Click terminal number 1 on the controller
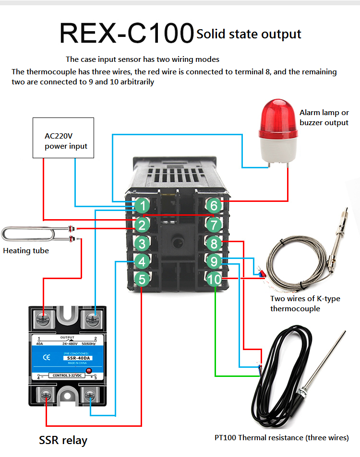click(142, 206)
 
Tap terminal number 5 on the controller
click(142, 279)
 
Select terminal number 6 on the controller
click(214, 206)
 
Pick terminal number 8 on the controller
click(214, 243)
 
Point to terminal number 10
click(215, 279)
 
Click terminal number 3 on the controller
click(142, 243)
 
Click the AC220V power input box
click(63, 138)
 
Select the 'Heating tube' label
click(26, 251)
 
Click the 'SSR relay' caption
click(63, 440)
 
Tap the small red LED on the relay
click(88, 371)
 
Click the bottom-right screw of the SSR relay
click(90, 396)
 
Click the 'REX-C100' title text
click(126, 33)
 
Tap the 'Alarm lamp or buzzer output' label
click(324, 117)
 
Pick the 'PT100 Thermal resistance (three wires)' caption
click(281, 437)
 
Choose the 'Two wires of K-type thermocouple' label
click(305, 304)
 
